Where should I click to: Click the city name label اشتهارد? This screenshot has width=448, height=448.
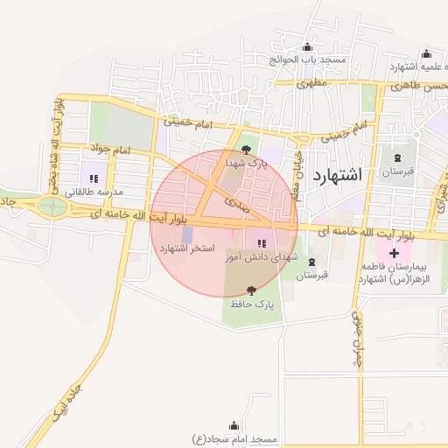[336, 174]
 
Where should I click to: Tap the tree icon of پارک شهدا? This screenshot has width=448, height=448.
[244, 150]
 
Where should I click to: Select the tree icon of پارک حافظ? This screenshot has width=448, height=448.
[252, 290]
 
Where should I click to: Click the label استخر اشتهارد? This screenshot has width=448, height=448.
[186, 249]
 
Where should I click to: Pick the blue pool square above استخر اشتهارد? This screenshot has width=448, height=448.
[187, 234]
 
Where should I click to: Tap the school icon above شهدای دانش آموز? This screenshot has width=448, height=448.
[262, 242]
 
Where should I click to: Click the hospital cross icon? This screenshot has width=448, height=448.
[395, 253]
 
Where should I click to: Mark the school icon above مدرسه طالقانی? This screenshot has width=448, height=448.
[94, 178]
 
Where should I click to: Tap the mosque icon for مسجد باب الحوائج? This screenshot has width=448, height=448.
[306, 48]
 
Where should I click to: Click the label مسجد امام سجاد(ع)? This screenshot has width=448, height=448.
[234, 437]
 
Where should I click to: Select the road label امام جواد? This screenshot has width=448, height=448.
[110, 150]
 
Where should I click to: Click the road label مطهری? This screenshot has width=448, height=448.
[311, 84]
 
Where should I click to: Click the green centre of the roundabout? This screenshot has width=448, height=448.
[52, 206]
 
